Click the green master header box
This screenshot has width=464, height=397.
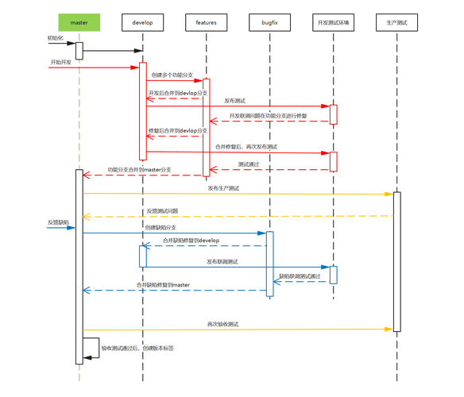tap(79, 24)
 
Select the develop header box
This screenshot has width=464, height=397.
tap(143, 24)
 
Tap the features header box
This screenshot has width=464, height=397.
tap(207, 24)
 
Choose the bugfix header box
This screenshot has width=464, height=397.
tap(269, 24)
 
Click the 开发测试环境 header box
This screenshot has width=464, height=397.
tap(333, 24)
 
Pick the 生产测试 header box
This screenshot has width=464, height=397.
tap(396, 24)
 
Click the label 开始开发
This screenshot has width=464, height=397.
tap(60, 61)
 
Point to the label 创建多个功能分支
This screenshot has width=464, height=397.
tap(172, 74)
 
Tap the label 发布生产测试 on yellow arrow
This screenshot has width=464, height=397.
tap(223, 188)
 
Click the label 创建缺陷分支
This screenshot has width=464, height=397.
tap(160, 227)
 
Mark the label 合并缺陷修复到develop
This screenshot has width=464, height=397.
tap(191, 239)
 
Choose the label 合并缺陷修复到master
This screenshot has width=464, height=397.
tap(163, 284)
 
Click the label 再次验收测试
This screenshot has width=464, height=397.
tap(223, 324)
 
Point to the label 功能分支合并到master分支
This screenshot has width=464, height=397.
tap(140, 169)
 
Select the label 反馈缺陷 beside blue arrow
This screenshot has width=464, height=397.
tap(59, 221)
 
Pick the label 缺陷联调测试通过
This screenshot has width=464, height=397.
tap(300, 275)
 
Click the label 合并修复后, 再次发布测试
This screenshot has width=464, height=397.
tap(246, 147)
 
